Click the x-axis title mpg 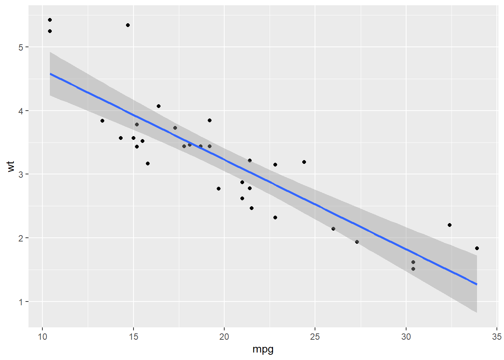(263, 349)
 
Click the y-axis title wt (11, 166)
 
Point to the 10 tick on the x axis (42, 337)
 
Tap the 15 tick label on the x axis (133, 337)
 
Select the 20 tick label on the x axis (224, 337)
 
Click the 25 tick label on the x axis (315, 337)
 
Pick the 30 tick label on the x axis (406, 337)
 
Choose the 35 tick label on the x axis (496, 337)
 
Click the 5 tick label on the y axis (21, 47)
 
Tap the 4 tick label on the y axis (21, 111)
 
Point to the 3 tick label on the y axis (21, 174)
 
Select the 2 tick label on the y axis (21, 238)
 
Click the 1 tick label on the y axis (21, 302)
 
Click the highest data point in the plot (50, 20)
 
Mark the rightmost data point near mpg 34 (477, 248)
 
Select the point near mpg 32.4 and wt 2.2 (450, 225)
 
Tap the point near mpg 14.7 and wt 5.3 (128, 25)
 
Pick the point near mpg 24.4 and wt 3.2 (304, 162)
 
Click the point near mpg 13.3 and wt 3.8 (102, 121)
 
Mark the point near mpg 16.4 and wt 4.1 (159, 106)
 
